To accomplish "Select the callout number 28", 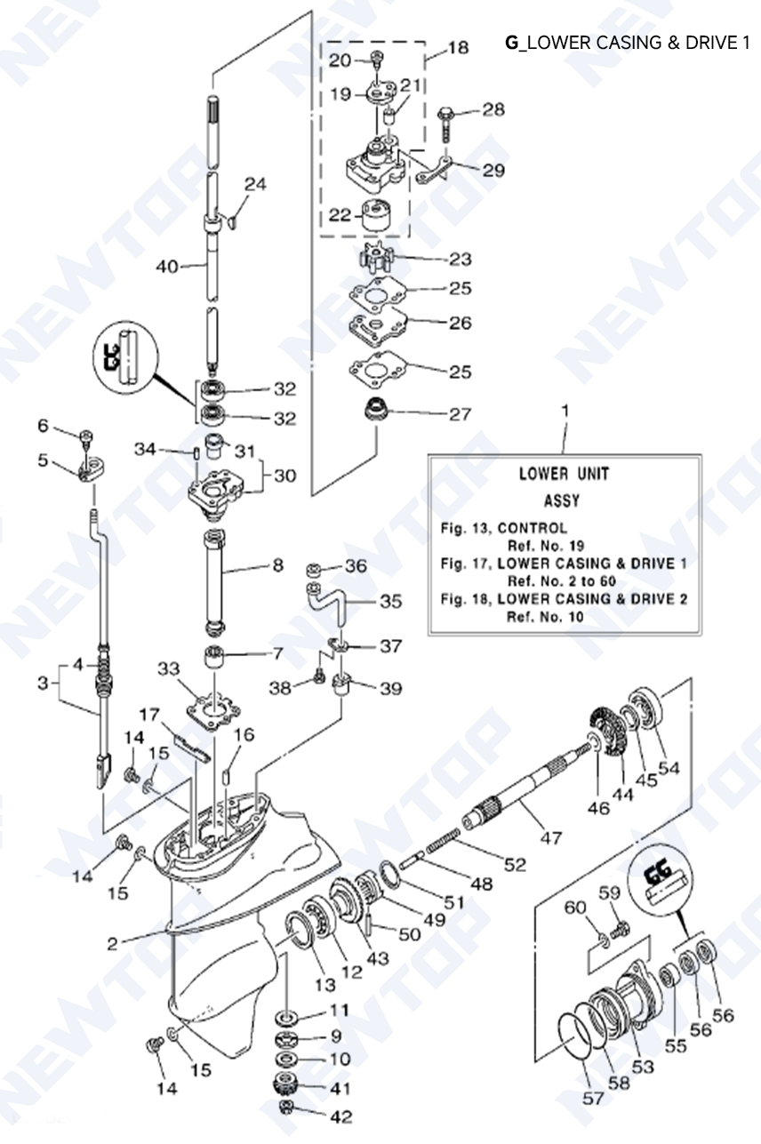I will pyautogui.click(x=493, y=109).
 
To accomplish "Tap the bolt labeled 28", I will pyautogui.click(x=446, y=118).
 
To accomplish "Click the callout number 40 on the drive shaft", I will pyautogui.click(x=167, y=266).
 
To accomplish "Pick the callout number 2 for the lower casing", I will pyautogui.click(x=112, y=944).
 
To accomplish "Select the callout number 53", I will pyautogui.click(x=643, y=1065).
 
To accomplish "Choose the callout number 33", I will pyautogui.click(x=169, y=668).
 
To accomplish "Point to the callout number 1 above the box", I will pyautogui.click(x=565, y=411).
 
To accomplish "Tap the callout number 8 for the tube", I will pyautogui.click(x=277, y=564).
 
